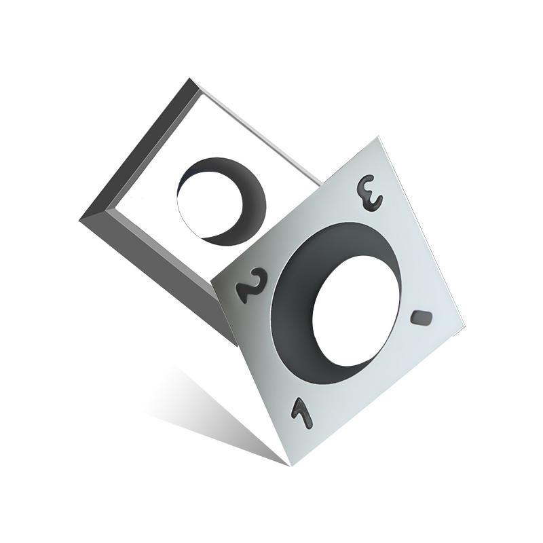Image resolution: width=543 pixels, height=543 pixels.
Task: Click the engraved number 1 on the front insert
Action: [301, 413]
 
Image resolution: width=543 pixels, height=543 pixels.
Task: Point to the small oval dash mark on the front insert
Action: [422, 317]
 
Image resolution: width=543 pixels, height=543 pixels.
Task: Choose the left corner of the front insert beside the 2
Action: [213, 280]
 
